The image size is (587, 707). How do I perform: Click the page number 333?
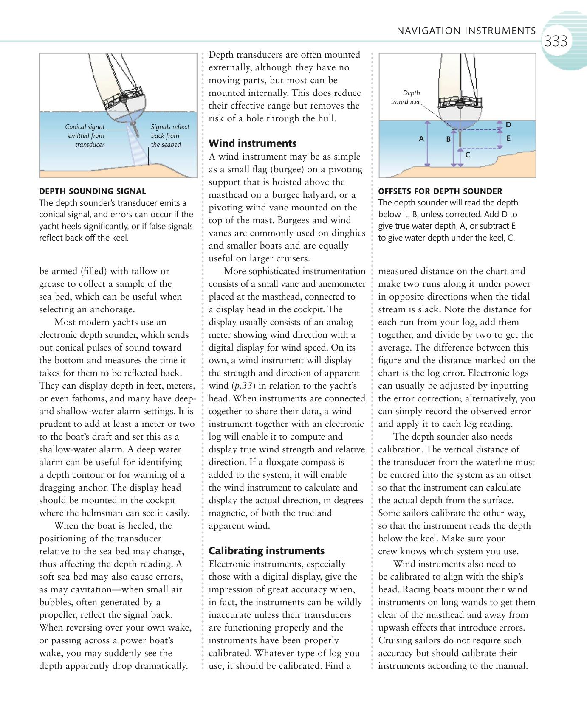[x=556, y=42]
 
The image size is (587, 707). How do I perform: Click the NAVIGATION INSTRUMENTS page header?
[x=466, y=31]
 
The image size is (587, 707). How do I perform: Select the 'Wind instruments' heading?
[x=252, y=143]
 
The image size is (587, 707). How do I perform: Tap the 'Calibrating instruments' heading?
[x=266, y=550]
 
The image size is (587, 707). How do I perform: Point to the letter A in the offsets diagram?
[x=421, y=139]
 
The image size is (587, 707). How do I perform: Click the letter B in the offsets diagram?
[x=448, y=139]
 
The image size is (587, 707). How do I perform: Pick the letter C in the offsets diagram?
[x=467, y=155]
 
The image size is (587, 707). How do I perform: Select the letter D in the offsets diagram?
[x=508, y=125]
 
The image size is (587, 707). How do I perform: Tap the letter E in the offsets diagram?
[x=508, y=138]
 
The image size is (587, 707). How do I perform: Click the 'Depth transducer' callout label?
[x=406, y=97]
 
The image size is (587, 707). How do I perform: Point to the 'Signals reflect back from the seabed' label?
[x=169, y=136]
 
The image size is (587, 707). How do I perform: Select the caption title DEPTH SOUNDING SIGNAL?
[x=92, y=191]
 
